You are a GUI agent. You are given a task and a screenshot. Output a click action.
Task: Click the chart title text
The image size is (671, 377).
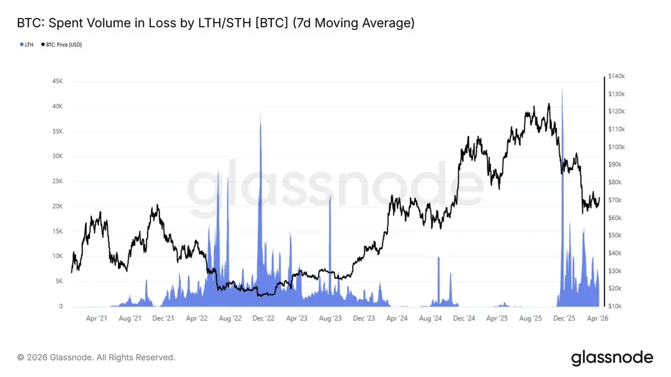click(216, 23)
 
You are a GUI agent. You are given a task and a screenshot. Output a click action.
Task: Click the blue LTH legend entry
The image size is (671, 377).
click(27, 44)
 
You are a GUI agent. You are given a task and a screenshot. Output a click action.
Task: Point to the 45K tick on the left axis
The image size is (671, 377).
click(56, 82)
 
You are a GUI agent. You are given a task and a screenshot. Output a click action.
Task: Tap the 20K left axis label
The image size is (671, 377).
click(56, 207)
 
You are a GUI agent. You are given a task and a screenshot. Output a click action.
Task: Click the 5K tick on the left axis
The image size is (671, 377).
click(58, 281)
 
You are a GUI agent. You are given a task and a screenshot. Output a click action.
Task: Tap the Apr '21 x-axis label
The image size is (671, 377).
click(97, 318)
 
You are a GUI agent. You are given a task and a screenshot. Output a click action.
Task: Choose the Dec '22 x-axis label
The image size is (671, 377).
click(263, 318)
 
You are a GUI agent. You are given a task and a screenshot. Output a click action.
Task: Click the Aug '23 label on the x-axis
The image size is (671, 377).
click(330, 318)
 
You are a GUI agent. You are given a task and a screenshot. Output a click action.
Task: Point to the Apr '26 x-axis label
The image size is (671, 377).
click(597, 318)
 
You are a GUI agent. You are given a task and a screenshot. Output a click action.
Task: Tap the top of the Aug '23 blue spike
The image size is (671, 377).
click(330, 197)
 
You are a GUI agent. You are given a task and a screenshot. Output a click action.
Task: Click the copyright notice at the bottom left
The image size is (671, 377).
click(96, 357)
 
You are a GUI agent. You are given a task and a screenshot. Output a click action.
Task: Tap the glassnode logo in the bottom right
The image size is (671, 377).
click(612, 357)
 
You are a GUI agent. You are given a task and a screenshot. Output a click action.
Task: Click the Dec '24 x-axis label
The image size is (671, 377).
click(464, 318)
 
